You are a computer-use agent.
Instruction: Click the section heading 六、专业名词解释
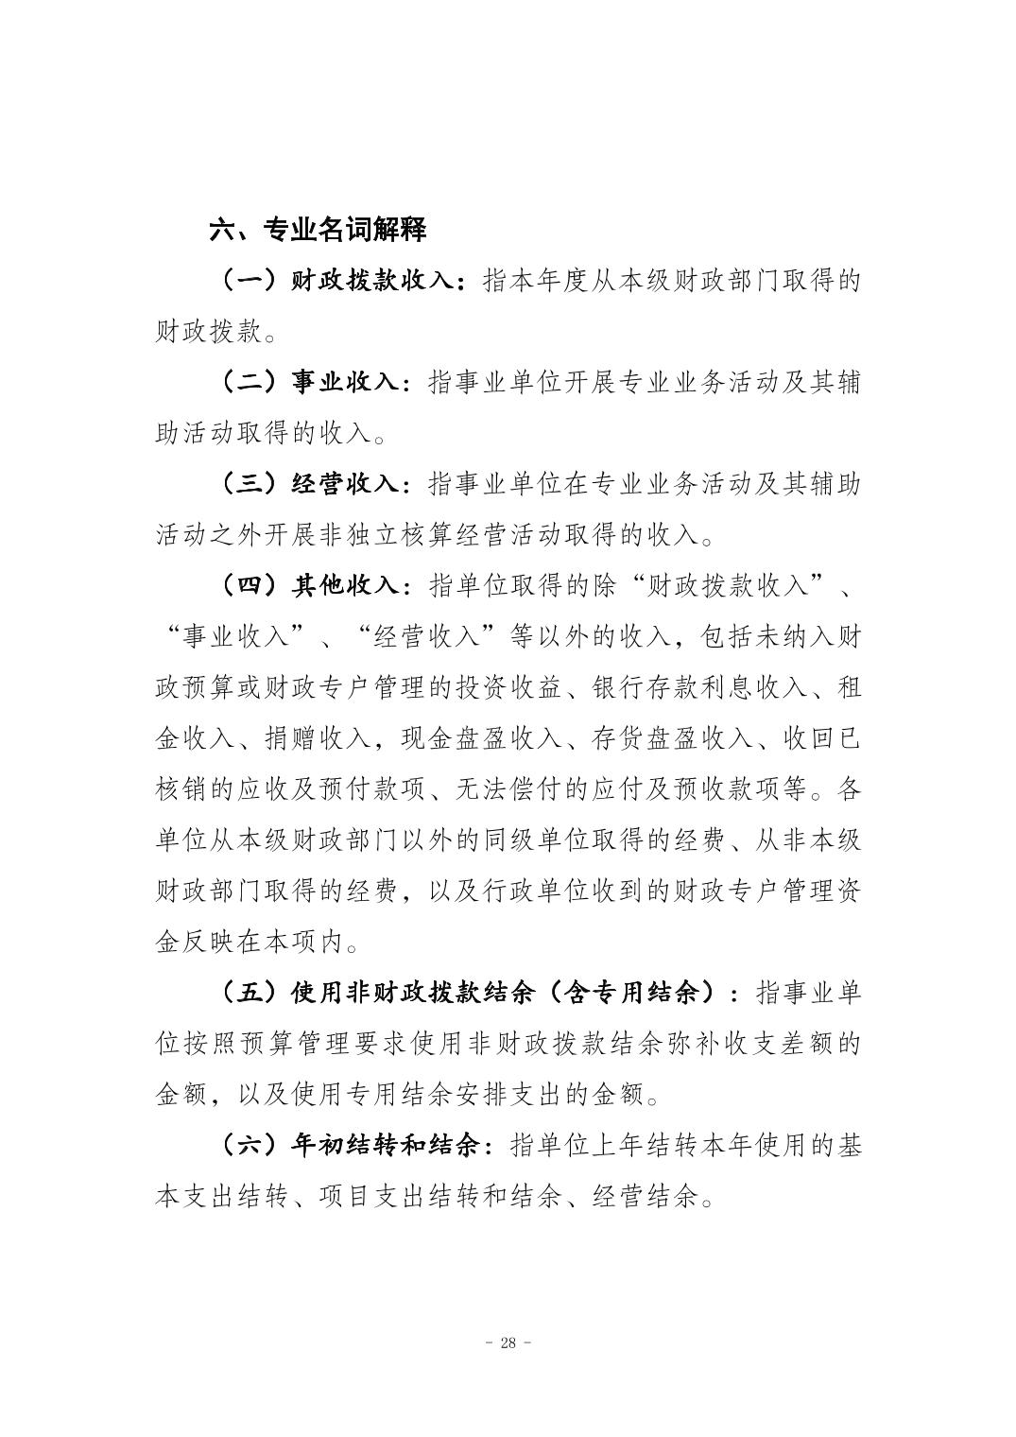319,230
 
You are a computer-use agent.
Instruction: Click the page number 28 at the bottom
508,1344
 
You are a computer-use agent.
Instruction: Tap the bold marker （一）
250,281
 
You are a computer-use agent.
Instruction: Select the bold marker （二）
250,383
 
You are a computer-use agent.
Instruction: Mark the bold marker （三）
250,485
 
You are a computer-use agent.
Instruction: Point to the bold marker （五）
250,994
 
